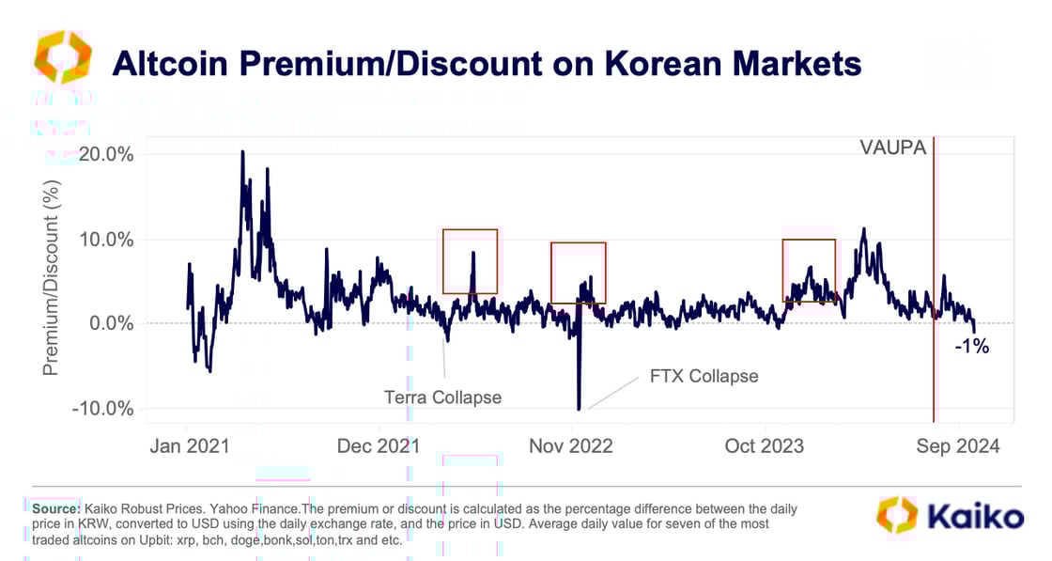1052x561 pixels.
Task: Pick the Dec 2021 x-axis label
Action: coord(379,446)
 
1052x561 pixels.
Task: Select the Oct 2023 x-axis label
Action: coord(765,446)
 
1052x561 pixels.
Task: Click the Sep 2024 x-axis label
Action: coord(958,446)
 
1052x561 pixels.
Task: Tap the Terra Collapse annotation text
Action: coord(442,397)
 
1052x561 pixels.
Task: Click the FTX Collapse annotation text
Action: coord(704,376)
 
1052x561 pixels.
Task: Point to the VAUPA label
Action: coord(892,148)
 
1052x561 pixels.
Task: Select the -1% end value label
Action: coord(971,347)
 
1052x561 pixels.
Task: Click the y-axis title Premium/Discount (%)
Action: coord(51,282)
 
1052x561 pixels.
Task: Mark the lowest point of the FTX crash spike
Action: coord(579,409)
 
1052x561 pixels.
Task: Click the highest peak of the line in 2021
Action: coord(242,151)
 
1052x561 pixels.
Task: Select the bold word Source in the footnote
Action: coord(54,507)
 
